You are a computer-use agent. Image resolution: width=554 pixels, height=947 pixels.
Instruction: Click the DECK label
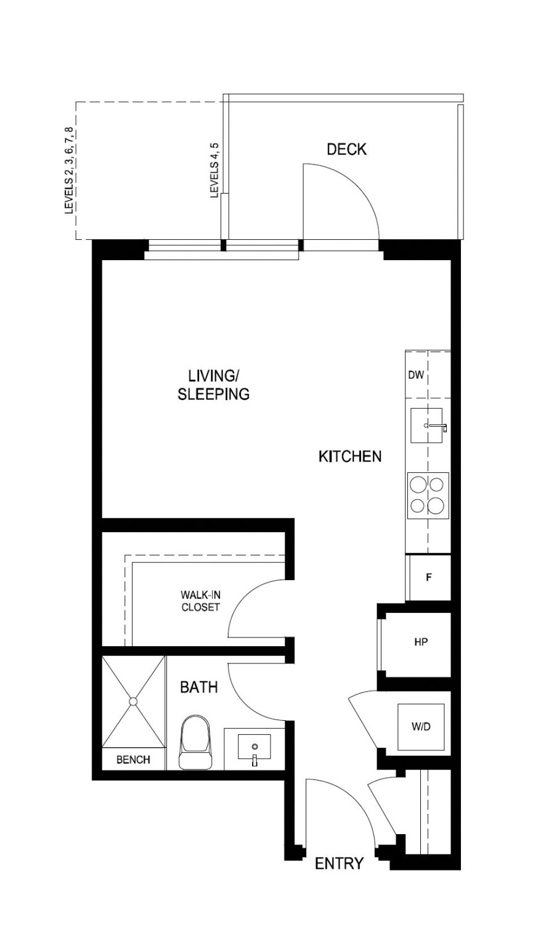click(346, 149)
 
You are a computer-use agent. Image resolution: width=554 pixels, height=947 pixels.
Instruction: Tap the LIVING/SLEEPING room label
click(213, 385)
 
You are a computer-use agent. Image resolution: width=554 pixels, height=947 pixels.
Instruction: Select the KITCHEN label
click(349, 456)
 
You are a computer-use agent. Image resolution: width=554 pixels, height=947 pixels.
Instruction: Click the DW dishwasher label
click(416, 375)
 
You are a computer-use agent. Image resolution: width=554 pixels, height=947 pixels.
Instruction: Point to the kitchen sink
click(426, 425)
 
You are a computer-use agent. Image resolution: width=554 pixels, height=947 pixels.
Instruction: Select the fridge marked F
click(428, 578)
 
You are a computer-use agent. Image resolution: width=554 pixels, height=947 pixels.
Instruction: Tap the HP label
click(421, 642)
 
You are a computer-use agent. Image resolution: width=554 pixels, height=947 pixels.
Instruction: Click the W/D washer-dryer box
click(421, 727)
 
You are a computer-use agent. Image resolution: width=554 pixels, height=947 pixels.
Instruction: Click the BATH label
click(198, 687)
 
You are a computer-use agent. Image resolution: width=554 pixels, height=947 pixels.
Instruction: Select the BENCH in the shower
click(133, 760)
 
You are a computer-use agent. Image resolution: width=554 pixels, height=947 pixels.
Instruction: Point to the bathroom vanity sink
click(254, 748)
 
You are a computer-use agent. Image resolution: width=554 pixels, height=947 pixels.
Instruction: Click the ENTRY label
click(339, 864)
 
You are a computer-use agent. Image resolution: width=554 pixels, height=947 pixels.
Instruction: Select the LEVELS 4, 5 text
click(214, 170)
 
